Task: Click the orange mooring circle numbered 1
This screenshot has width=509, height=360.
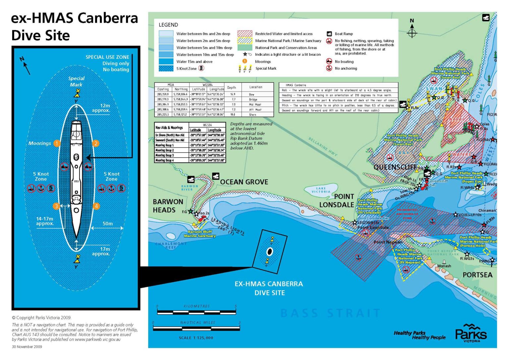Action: point(57,143)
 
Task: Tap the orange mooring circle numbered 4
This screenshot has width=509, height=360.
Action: point(96,206)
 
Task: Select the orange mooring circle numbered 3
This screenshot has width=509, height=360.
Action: point(56,206)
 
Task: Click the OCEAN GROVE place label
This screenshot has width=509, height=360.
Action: point(244,182)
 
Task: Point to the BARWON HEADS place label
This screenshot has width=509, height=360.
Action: point(168,206)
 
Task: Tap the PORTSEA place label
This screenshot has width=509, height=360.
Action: point(477,275)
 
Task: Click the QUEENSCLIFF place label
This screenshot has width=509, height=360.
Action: point(395,167)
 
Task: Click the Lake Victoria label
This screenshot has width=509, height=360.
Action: point(321,190)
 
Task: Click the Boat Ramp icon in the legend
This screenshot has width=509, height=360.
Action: point(329,34)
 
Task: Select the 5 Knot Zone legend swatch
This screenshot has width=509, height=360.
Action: point(166,69)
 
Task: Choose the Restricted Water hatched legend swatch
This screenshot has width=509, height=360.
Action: point(245,34)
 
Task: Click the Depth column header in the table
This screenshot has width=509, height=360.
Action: point(232,88)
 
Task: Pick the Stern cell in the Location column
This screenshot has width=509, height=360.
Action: point(253,115)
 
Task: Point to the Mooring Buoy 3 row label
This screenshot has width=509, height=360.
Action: point(165,155)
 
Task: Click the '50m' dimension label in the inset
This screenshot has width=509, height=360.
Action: point(108,223)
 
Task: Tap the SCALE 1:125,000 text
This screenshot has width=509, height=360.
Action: point(196,338)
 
